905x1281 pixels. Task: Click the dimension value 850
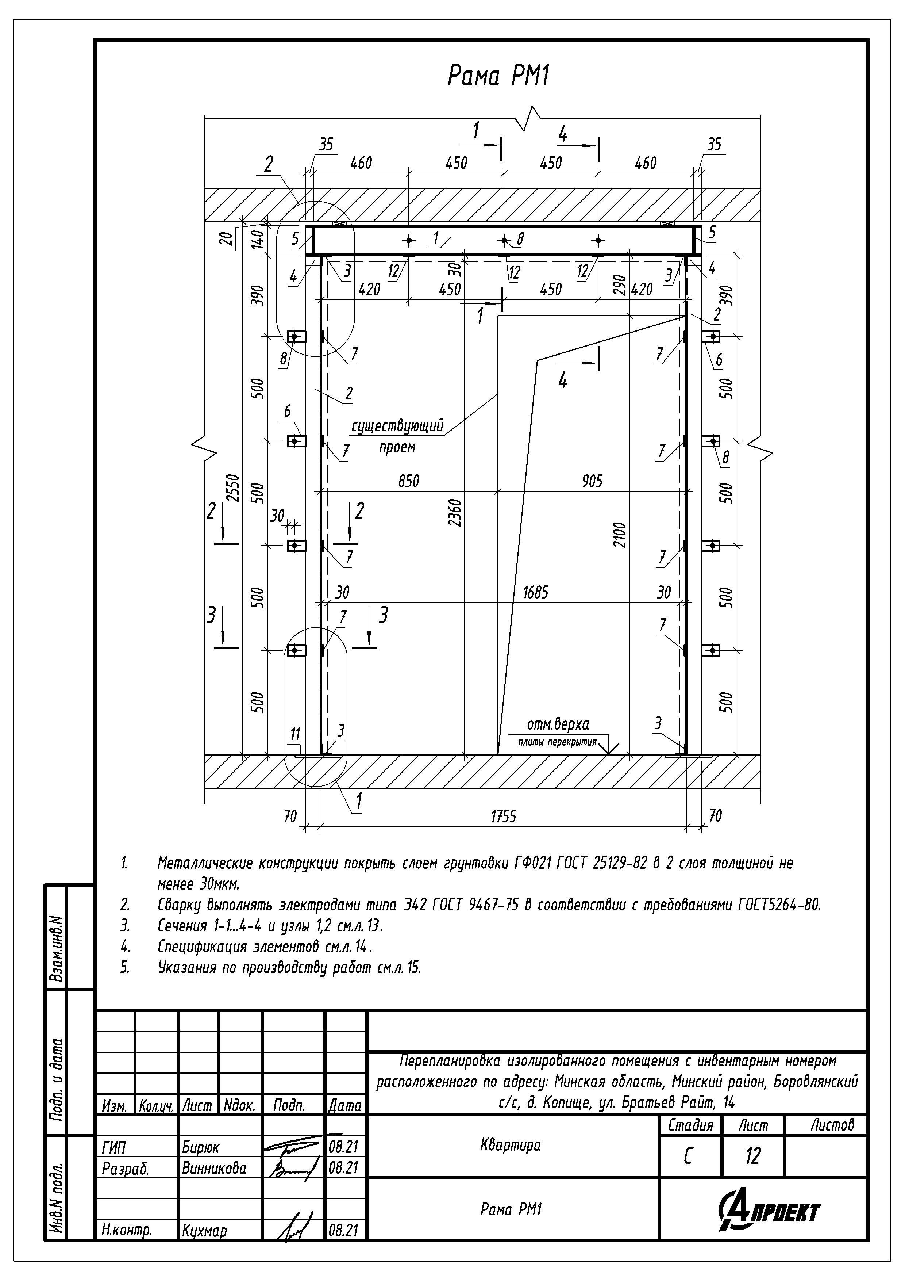[408, 481]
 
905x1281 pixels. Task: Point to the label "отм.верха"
[558, 725]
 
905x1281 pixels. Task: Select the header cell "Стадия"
[690, 1125]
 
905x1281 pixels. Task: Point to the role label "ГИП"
[114, 1148]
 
